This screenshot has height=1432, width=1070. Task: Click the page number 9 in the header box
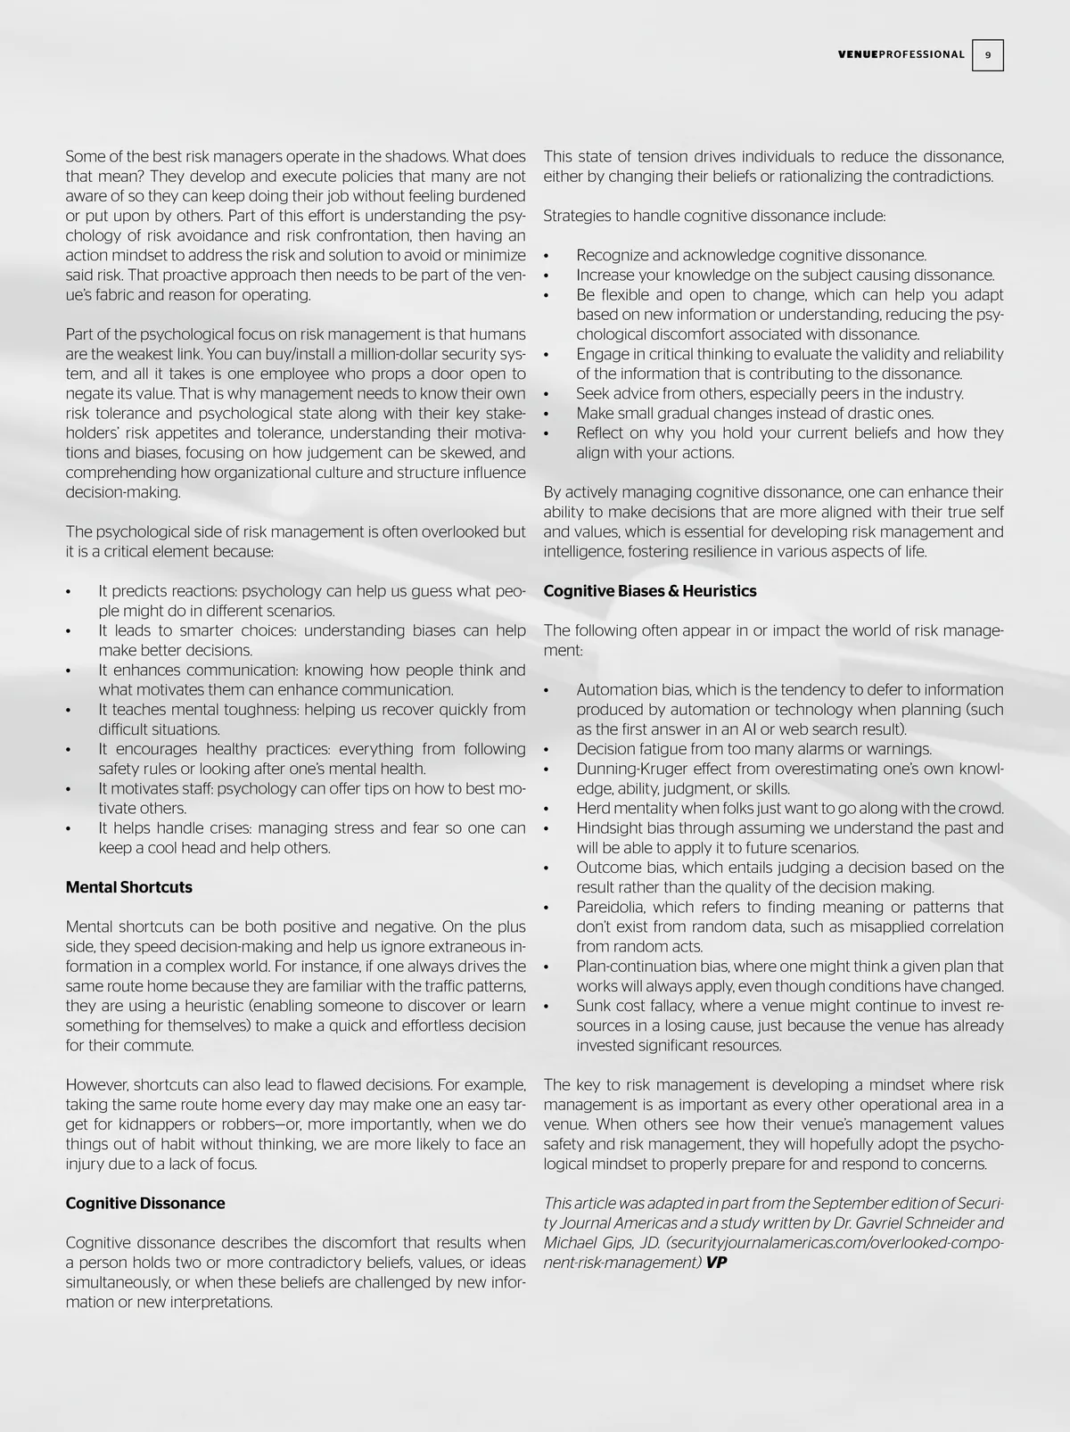pyautogui.click(x=988, y=55)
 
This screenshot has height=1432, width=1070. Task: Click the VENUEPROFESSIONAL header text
pyautogui.click(x=901, y=55)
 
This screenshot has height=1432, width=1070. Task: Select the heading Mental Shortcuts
pyautogui.click(x=128, y=887)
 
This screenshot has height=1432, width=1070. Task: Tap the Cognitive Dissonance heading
pyautogui.click(x=144, y=1203)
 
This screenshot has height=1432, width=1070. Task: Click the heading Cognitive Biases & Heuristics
pyautogui.click(x=649, y=591)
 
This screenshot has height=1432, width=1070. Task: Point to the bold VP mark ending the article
pyautogui.click(x=716, y=1263)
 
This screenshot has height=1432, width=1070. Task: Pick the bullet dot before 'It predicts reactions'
pyautogui.click(x=69, y=592)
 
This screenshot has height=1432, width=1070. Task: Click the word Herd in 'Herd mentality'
pyautogui.click(x=593, y=809)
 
